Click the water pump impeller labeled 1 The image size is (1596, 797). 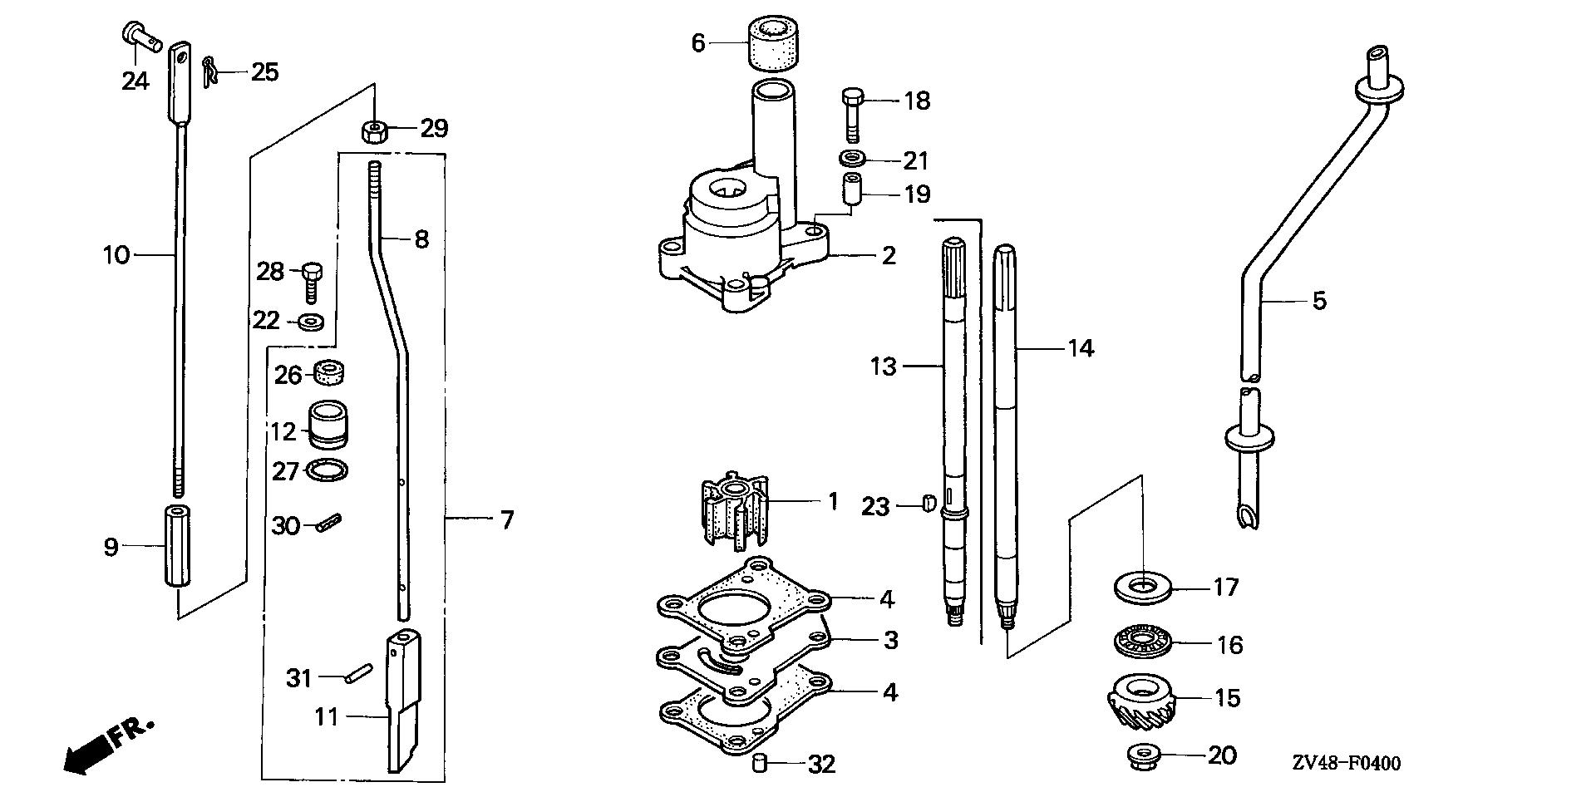(732, 514)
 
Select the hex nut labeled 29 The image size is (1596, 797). (374, 130)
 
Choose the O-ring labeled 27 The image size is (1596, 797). (327, 470)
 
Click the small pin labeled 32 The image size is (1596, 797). (758, 763)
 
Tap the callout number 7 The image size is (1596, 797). (506, 520)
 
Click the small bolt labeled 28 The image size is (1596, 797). (311, 281)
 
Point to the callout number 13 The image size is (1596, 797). (884, 365)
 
